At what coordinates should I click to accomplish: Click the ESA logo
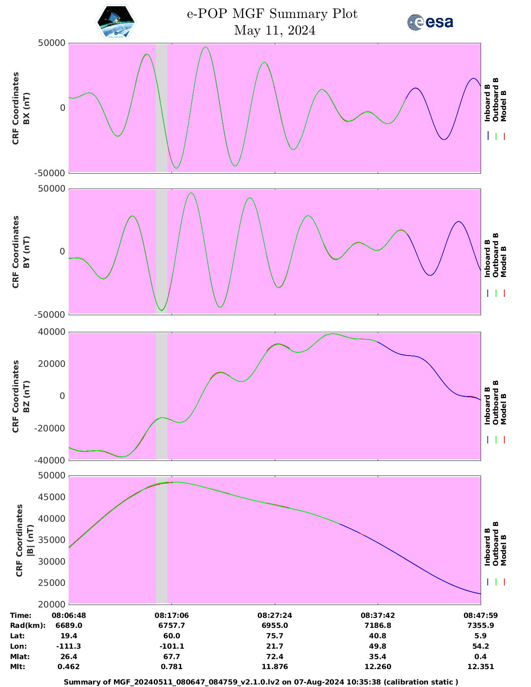pos(430,22)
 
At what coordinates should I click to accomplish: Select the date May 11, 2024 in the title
pos(274,30)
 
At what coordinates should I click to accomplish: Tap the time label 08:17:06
pos(172,615)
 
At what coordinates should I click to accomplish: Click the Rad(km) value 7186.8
pos(378,625)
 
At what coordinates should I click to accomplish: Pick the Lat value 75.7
pos(275,636)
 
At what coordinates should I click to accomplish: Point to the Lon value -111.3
pos(69,646)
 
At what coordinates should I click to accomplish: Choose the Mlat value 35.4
pos(378,657)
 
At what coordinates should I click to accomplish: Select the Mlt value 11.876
pos(275,667)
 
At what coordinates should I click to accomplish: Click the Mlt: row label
pos(17,667)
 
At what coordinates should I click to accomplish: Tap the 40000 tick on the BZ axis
pos(54,332)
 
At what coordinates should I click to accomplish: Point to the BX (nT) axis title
pos(26,108)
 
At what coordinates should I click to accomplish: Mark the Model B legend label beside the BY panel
pos(504,261)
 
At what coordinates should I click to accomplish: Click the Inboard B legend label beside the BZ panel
pos(488,406)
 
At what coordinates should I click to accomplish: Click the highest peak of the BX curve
pos(205,47)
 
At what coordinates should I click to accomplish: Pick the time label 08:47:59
pos(481,615)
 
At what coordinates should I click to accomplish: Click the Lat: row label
pos(17,636)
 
